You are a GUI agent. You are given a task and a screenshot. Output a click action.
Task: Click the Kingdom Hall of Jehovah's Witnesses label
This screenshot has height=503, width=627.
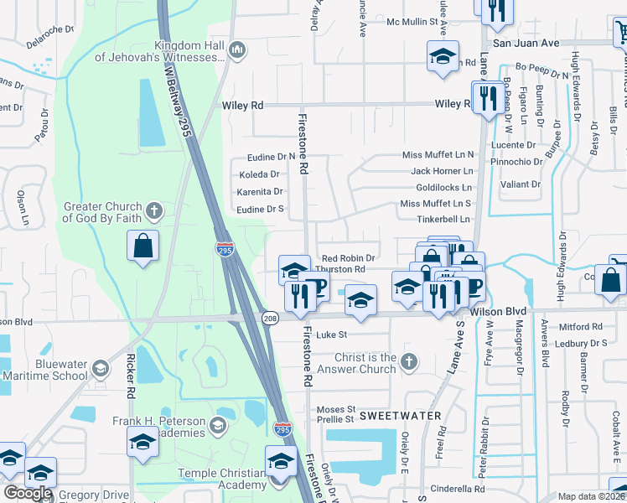[189, 52]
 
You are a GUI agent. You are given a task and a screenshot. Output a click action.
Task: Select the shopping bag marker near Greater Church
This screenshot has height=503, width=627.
[143, 246]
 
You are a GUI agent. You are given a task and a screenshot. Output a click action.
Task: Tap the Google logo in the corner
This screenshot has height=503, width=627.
[28, 493]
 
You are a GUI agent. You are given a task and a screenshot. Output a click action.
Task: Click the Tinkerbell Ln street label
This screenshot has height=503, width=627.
[443, 220]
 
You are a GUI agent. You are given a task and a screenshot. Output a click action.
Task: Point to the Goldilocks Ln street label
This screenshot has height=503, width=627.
[443, 188]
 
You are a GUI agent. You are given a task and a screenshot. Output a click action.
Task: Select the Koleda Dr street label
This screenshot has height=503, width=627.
[259, 175]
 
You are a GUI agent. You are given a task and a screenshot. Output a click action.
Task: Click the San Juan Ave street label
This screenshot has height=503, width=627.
[526, 42]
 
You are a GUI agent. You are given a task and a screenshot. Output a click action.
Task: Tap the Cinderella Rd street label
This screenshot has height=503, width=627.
[457, 490]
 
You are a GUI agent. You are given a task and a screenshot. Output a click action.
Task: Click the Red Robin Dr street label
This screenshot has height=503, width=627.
[347, 257]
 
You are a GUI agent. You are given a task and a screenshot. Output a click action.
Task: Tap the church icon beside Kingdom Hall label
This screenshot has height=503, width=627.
[236, 51]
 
